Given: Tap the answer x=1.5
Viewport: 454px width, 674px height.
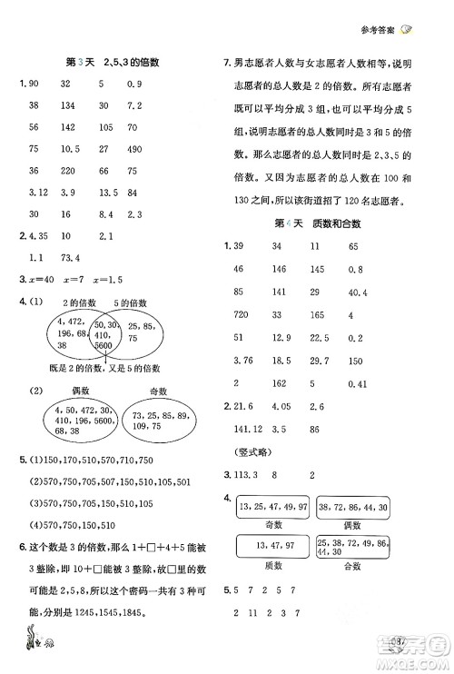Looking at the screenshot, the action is pos(116,279).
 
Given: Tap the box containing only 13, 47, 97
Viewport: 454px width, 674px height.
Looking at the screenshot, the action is pos(273,545).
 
